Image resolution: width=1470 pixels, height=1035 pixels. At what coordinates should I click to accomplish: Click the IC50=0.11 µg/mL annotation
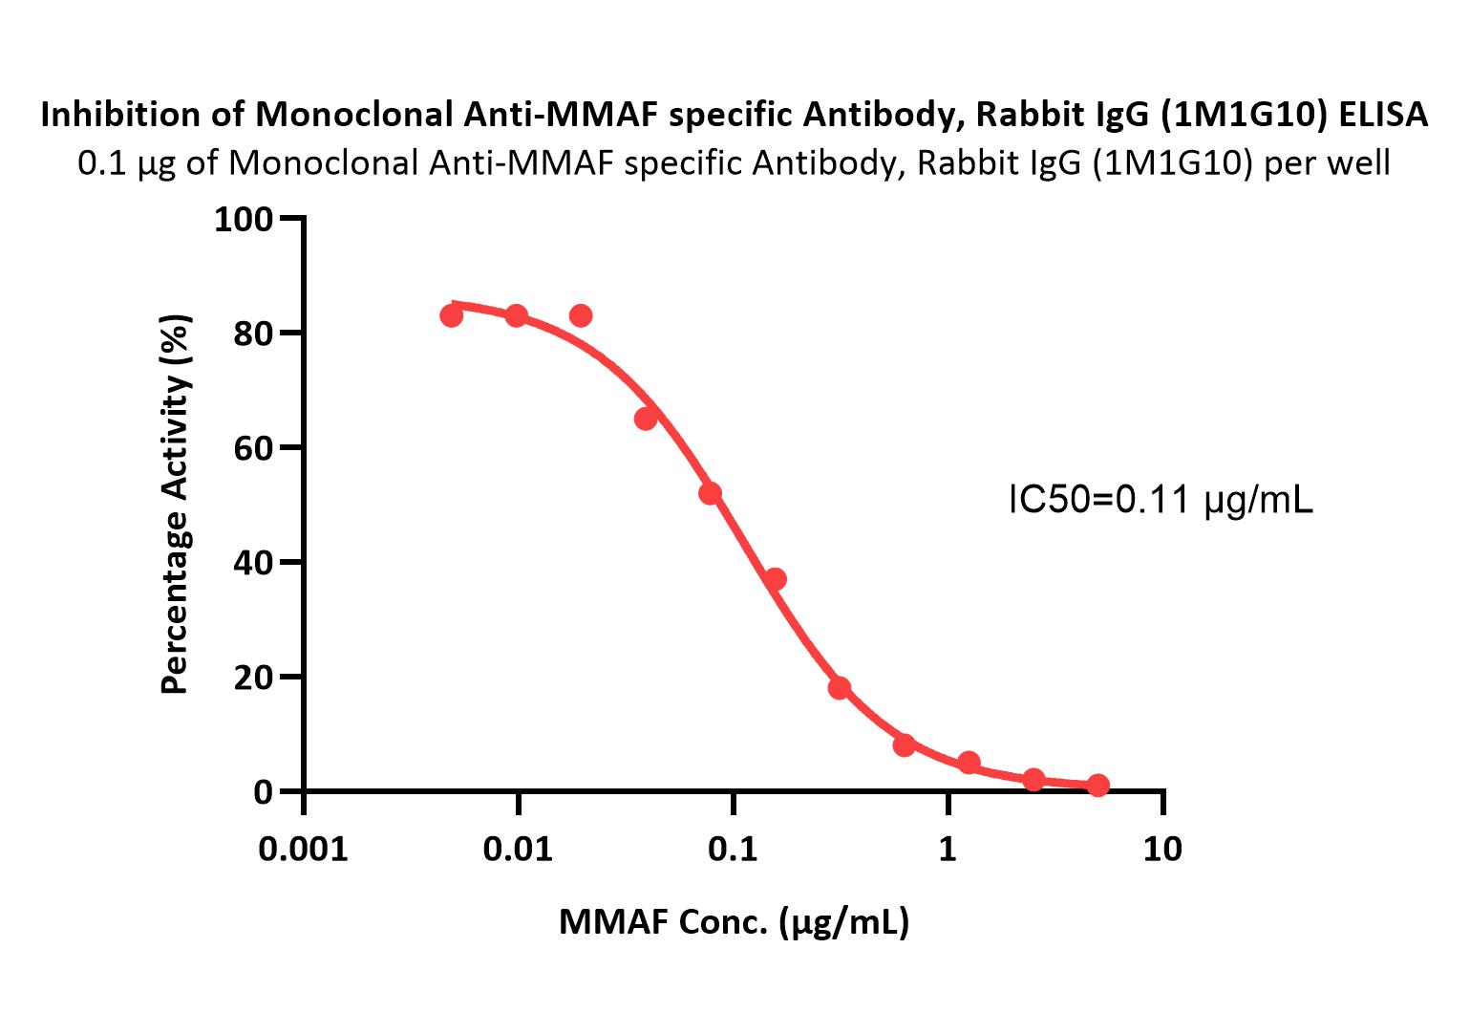tap(1161, 500)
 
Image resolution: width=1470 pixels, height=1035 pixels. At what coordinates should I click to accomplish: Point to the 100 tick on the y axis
tap(244, 220)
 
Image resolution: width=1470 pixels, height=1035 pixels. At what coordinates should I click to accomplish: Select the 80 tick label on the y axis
tap(252, 334)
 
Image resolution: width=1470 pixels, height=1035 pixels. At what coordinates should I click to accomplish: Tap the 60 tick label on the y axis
tap(252, 447)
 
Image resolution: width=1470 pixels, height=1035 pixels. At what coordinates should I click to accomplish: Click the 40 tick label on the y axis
tap(252, 562)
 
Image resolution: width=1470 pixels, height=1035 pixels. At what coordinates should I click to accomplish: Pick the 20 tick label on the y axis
tap(252, 677)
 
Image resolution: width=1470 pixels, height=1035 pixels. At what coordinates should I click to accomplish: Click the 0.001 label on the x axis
tap(304, 849)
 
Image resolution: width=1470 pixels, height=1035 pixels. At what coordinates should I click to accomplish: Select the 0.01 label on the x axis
tap(518, 849)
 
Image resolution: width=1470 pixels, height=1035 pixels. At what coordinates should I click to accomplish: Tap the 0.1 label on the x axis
tap(733, 849)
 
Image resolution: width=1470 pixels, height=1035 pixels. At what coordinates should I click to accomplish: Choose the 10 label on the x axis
tap(1161, 849)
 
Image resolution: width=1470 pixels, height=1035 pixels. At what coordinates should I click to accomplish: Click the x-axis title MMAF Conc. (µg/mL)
tap(734, 922)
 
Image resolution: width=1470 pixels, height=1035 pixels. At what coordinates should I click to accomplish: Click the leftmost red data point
tap(452, 315)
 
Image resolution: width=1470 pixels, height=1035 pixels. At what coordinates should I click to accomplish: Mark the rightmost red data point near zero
tap(1098, 786)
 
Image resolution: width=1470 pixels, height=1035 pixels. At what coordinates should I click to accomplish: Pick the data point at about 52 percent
tap(710, 493)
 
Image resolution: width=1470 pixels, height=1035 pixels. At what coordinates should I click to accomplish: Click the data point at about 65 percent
tap(646, 419)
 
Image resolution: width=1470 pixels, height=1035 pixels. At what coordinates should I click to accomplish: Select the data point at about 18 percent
tap(840, 688)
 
